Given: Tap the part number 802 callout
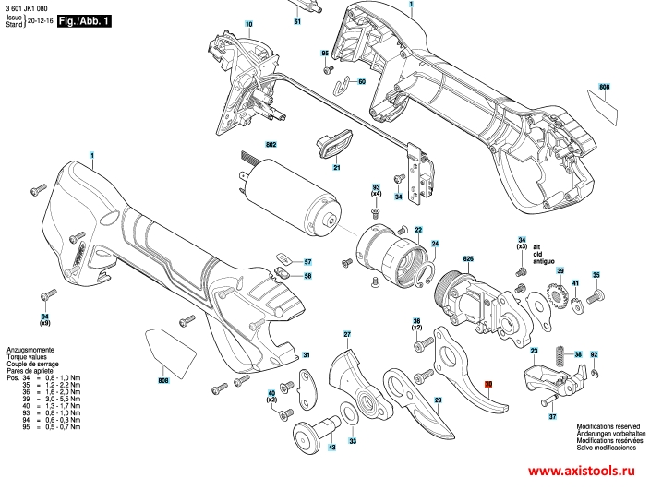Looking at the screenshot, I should (271, 145).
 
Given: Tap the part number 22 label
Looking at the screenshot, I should (418, 229).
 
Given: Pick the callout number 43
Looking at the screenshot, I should (331, 448).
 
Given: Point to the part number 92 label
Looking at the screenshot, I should (594, 354).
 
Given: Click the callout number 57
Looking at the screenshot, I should (307, 262).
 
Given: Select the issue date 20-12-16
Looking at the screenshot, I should (40, 18).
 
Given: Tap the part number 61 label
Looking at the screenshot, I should (297, 20).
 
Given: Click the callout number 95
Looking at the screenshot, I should (325, 54).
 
